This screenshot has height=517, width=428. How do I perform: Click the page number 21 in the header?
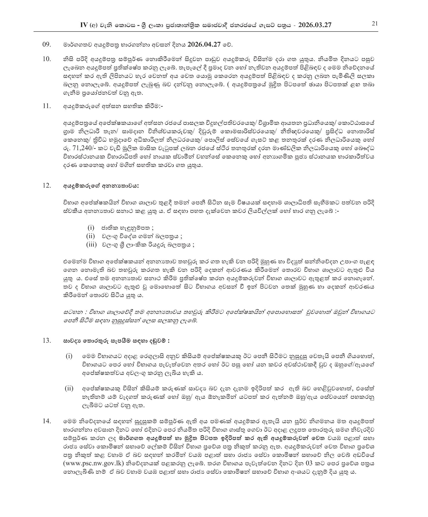click(x=375, y=24)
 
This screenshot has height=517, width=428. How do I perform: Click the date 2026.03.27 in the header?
click(x=315, y=25)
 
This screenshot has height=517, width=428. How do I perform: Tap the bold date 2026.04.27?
click(x=204, y=45)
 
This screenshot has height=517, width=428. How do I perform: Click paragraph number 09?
click(x=47, y=45)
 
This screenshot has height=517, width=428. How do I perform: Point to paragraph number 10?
click(x=47, y=59)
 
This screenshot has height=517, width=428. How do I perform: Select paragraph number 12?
click(x=47, y=186)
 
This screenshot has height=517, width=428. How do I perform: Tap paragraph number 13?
click(x=47, y=341)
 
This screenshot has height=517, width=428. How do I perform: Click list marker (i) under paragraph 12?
click(x=91, y=228)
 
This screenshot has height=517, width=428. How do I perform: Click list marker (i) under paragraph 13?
click(x=69, y=356)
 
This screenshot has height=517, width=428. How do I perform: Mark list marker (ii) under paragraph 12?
click(x=91, y=236)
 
